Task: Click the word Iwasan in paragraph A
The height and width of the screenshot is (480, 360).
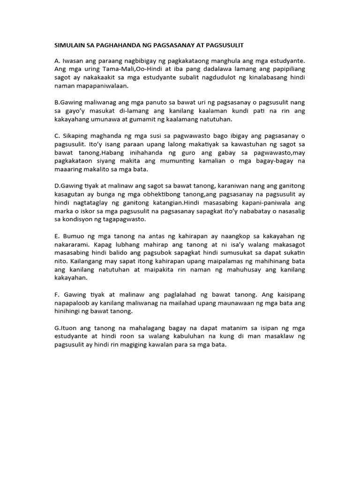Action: [73, 60]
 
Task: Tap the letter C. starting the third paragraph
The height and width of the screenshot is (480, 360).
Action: [58, 135]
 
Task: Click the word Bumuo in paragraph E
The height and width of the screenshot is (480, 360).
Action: [74, 236]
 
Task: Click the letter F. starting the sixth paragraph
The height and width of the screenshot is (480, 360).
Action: [57, 294]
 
